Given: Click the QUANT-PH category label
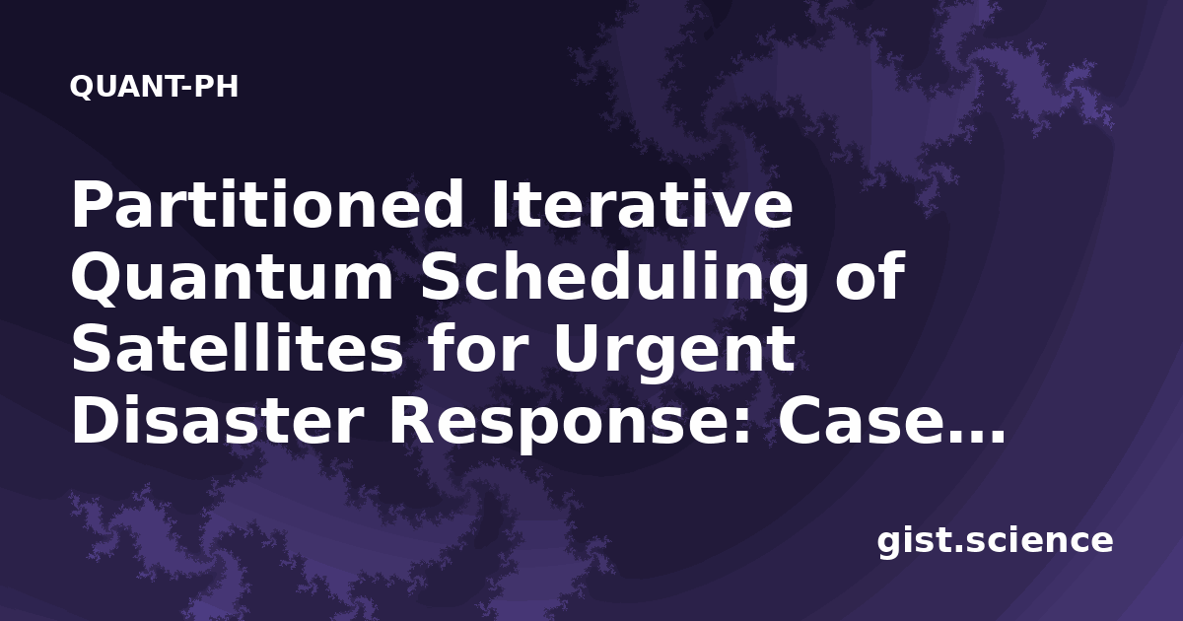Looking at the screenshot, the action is click(x=154, y=87).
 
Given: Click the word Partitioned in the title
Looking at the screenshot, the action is click(x=267, y=205).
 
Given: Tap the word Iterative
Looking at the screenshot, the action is click(x=641, y=204).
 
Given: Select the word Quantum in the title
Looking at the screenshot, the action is click(x=232, y=278).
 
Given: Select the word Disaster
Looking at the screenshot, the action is click(x=217, y=419).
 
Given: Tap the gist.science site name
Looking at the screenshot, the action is click(x=995, y=542).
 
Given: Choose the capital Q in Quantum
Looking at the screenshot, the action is click(x=97, y=278).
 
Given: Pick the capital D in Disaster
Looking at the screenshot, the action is click(x=98, y=420).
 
